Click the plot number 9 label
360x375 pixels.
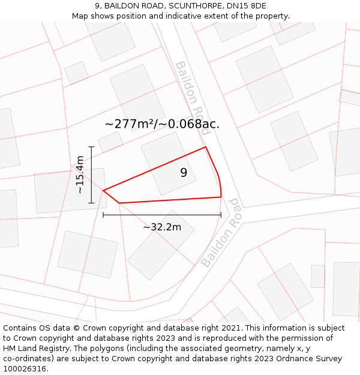184,173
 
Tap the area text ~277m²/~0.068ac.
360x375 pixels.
162,124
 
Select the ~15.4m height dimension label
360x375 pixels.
80,175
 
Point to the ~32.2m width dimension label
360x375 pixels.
162,227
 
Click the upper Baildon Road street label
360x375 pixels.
192,96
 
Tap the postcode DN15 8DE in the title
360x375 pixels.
246,6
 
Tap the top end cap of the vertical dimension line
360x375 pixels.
91,146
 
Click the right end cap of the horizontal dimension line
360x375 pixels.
221,214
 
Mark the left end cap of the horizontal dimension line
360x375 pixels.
103,214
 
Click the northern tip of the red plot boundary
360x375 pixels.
206,147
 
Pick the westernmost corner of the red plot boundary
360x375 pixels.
103,191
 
